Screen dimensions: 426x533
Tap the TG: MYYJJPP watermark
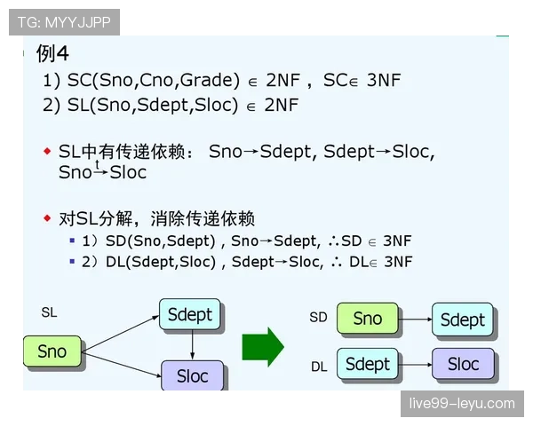point(64,22)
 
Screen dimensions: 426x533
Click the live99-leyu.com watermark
point(461,403)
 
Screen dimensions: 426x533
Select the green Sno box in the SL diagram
point(52,351)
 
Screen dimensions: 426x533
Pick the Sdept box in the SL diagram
point(190,315)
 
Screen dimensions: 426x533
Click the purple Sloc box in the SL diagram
point(192,375)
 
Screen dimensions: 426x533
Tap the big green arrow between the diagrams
point(262,346)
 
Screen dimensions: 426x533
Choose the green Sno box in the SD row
point(367,319)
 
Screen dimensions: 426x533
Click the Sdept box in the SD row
point(462,319)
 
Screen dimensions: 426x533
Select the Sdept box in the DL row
point(367,364)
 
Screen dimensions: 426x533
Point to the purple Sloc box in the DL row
point(462,364)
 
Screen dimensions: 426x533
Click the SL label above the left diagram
point(49,312)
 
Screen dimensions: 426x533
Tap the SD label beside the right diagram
point(318,317)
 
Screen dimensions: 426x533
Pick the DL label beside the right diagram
point(319,365)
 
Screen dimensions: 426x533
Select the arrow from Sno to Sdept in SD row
point(415,319)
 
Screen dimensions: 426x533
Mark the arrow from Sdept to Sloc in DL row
point(415,364)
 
